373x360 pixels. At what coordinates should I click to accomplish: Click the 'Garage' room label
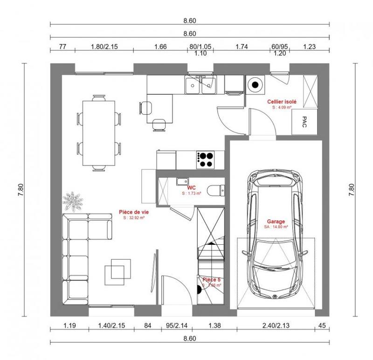point(276,222)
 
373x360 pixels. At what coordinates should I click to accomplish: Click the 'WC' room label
point(191,188)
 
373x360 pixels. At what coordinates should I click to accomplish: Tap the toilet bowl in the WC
point(215,191)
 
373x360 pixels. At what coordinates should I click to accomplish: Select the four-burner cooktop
point(206,160)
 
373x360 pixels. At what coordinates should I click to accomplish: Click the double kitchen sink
point(200,85)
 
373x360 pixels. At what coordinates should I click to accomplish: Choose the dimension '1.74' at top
point(241,47)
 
